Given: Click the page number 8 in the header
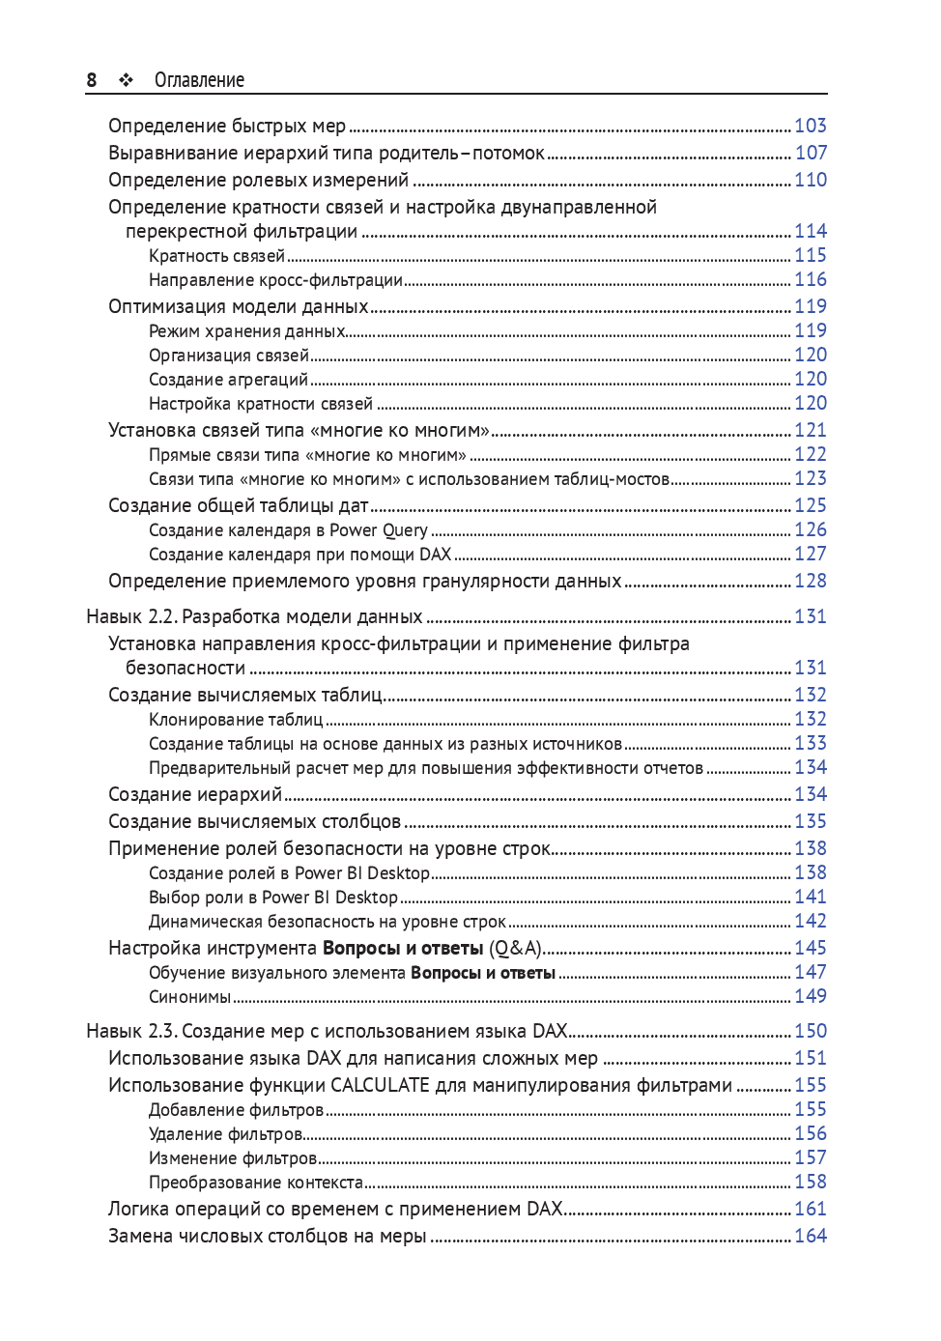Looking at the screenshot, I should click(x=92, y=80).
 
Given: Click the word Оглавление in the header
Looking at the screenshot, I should click(x=199, y=80).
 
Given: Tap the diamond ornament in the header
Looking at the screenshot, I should click(x=126, y=80).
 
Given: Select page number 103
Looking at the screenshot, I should click(x=810, y=126).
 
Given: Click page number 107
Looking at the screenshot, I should click(x=810, y=153).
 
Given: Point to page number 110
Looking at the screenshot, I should click(x=810, y=180).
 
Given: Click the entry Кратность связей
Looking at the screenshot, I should click(x=216, y=256).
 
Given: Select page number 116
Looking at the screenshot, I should click(x=810, y=280).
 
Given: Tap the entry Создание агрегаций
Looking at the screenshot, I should click(x=228, y=380).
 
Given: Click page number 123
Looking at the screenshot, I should click(x=810, y=479).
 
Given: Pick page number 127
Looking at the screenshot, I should click(x=810, y=555).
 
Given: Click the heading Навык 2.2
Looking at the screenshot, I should click(x=131, y=616).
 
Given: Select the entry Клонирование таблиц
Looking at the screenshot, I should click(x=236, y=720).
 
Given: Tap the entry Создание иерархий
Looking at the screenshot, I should click(x=195, y=794).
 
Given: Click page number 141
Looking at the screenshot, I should click(x=810, y=898).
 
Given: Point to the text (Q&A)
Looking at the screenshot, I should click(x=515, y=949).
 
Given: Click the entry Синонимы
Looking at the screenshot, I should click(x=189, y=997).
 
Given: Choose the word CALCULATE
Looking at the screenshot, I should click(x=380, y=1086).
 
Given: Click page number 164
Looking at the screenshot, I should click(x=810, y=1237).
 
